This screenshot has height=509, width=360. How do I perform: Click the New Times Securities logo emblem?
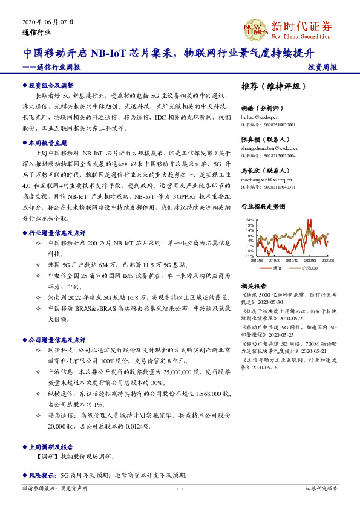click(x=255, y=29)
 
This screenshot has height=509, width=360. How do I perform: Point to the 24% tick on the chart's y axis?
click(x=250, y=220)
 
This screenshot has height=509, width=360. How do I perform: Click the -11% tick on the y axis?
click(x=249, y=256)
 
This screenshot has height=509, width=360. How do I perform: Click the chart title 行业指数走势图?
click(x=263, y=207)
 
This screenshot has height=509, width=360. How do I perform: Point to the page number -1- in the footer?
click(x=180, y=488)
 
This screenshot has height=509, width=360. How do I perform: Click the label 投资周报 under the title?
click(x=322, y=67)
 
